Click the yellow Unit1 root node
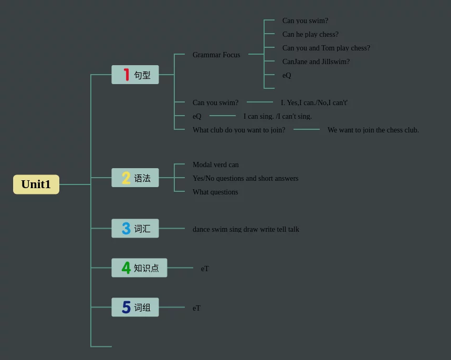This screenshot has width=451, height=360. click(36, 184)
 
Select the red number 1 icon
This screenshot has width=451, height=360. click(126, 75)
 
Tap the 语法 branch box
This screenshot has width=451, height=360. click(135, 178)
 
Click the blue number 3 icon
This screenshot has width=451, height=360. click(126, 229)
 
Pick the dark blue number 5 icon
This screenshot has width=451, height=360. click(126, 307)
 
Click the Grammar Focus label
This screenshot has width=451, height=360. click(216, 55)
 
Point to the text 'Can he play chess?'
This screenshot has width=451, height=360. click(310, 34)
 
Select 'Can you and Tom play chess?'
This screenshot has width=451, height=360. click(326, 48)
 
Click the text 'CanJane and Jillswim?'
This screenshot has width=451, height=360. click(316, 61)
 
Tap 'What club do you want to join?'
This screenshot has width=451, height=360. click(239, 130)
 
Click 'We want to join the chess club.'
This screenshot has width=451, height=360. click(373, 130)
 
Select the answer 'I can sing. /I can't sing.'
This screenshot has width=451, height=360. click(278, 116)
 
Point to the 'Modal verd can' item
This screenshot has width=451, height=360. click(216, 164)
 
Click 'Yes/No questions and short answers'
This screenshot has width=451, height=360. click(245, 178)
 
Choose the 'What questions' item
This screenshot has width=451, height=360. click(215, 192)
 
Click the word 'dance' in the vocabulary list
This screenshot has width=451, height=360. click(201, 229)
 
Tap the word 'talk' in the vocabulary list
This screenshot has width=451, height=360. click(293, 229)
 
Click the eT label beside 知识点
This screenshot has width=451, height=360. click(205, 269)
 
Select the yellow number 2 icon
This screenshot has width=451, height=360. click(126, 178)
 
